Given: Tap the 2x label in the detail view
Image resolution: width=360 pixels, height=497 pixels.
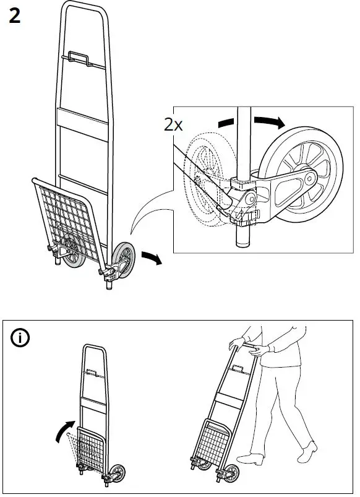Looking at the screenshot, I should [173, 124].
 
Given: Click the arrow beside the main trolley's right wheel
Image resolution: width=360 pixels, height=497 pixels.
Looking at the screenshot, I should [151, 257].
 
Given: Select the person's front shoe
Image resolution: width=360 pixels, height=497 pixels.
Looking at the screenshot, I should [249, 459].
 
